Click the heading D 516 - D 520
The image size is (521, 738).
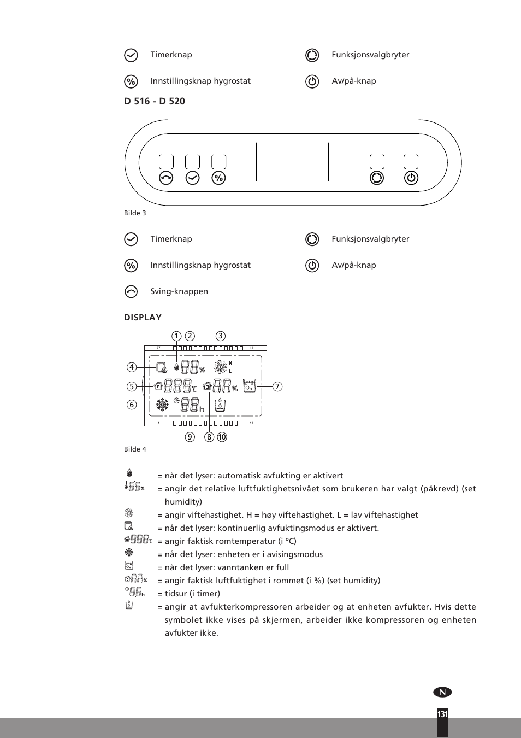(155, 101)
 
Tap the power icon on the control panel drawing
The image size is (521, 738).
(411, 178)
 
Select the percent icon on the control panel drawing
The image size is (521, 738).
(218, 178)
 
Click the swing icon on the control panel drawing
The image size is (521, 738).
(166, 178)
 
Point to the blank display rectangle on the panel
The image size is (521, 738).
(292, 162)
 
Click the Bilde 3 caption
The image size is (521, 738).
(135, 213)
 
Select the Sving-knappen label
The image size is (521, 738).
(179, 291)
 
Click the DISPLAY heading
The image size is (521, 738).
(143, 318)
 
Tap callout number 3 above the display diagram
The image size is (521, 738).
(220, 336)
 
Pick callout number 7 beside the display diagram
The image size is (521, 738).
(277, 386)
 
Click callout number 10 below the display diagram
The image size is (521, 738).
(222, 437)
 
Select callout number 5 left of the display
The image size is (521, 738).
(132, 386)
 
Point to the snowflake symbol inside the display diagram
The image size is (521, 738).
(162, 405)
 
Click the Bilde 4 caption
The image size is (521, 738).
(135, 449)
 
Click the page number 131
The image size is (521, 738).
(442, 714)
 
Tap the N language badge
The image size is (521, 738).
(442, 692)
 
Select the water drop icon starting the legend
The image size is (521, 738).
(129, 473)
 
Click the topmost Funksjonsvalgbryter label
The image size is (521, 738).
(370, 55)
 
